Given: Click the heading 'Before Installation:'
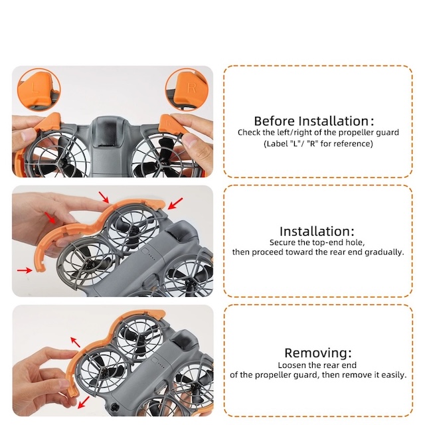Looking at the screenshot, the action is click(x=314, y=121).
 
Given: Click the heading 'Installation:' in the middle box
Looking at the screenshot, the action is click(x=317, y=231).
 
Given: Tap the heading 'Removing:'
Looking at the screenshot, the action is click(x=318, y=353).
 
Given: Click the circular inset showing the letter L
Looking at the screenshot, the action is click(x=39, y=89).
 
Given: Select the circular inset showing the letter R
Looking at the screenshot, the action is click(x=187, y=89).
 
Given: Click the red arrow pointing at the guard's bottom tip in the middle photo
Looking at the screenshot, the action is click(x=25, y=270).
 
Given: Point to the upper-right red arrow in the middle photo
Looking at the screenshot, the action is click(x=175, y=204).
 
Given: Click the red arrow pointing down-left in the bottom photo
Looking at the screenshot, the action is click(x=84, y=402).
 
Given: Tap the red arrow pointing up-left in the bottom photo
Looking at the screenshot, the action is click(x=75, y=342).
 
